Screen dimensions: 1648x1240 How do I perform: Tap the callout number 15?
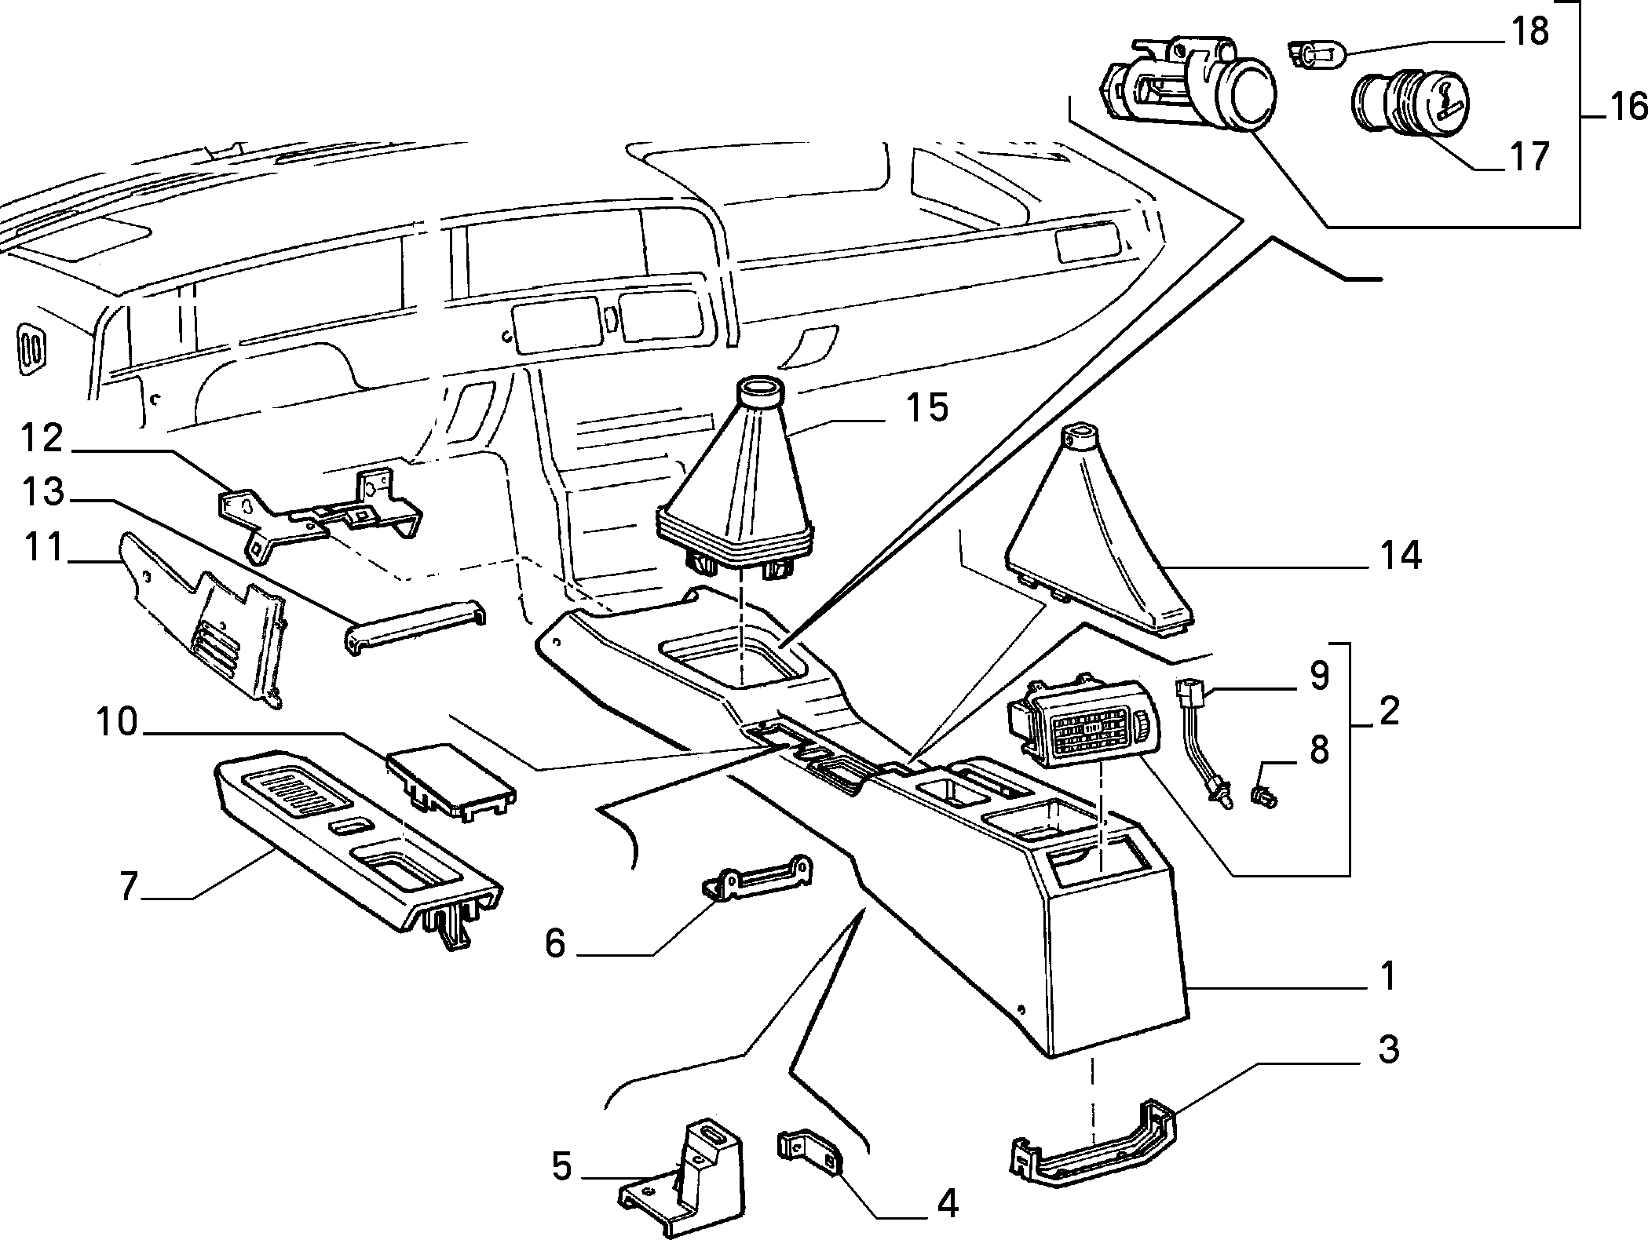click(926, 407)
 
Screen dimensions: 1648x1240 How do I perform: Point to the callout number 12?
click(42, 437)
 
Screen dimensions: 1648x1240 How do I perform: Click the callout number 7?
click(130, 886)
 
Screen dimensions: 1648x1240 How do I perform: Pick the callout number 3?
click(1388, 1049)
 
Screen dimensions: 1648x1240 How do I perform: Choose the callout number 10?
click(117, 721)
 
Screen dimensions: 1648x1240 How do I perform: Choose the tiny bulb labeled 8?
click(1265, 797)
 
